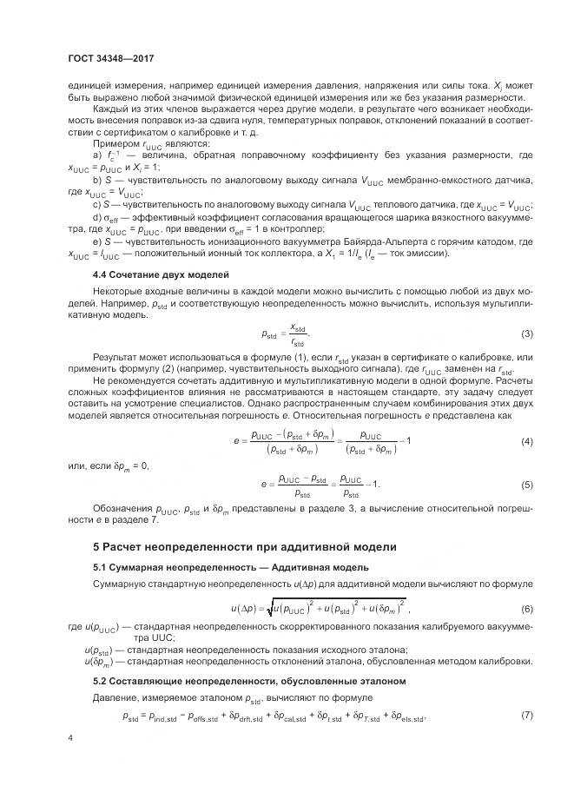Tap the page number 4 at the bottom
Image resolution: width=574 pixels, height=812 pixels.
(x=70, y=737)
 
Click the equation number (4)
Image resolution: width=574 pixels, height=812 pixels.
(x=526, y=441)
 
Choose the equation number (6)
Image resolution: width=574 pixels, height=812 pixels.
(x=526, y=608)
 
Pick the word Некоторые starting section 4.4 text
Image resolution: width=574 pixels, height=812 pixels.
(x=119, y=293)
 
